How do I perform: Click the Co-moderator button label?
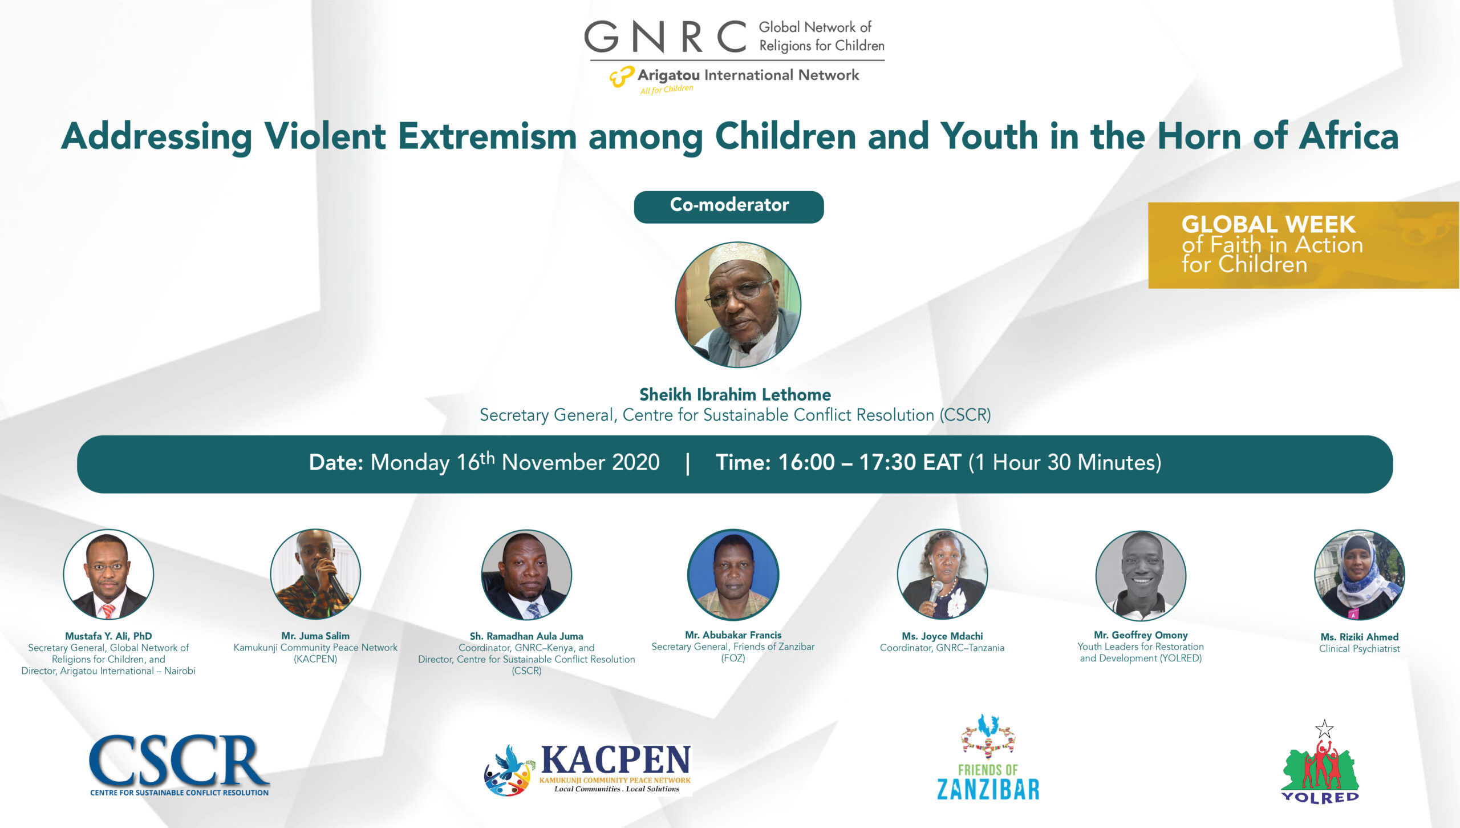(x=729, y=205)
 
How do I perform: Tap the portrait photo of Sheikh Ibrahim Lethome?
(x=738, y=304)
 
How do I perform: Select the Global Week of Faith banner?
(x=1304, y=245)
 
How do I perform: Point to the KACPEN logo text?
(x=615, y=760)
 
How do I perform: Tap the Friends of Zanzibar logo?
(x=988, y=757)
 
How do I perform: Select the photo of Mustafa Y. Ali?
(x=108, y=574)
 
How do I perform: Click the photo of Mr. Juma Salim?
(x=315, y=574)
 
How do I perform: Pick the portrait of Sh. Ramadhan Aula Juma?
(x=526, y=575)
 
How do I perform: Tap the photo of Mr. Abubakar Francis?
(x=733, y=575)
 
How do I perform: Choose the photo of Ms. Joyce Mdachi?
(x=942, y=575)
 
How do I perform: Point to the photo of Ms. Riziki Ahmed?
(x=1360, y=575)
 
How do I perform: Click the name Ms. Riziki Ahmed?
(x=1360, y=637)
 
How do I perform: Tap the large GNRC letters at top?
(x=665, y=37)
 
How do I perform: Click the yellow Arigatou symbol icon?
(x=622, y=76)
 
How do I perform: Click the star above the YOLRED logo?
(x=1324, y=729)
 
